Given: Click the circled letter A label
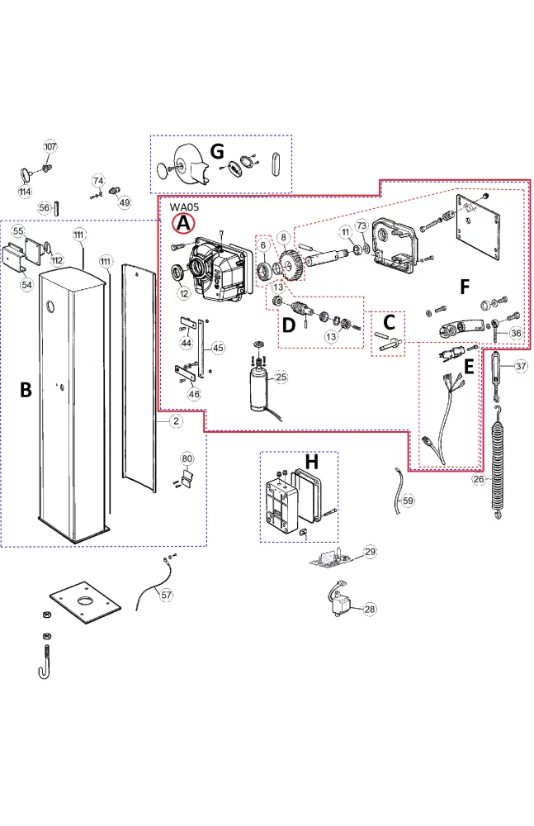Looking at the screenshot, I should [183, 222].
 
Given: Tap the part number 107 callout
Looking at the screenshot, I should [50, 146].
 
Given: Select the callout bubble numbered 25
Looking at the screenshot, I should [281, 377].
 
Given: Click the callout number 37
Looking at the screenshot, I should [520, 365].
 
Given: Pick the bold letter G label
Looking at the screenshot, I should [217, 151].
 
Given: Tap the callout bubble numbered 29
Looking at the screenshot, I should [369, 551].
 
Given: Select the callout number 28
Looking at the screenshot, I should [369, 609].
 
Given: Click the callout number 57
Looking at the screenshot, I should [168, 595].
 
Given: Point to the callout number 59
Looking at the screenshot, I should [409, 501].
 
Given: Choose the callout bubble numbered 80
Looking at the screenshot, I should [187, 459].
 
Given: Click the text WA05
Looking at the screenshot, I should [184, 206].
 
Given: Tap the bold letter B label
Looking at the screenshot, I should [26, 391].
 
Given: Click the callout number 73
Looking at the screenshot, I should [361, 225].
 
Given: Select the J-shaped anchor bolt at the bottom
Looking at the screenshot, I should [45, 661].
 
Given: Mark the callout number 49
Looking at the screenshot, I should [125, 202].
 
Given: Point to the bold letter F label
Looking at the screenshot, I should [465, 287].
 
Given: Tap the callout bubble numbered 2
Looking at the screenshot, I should [176, 421].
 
